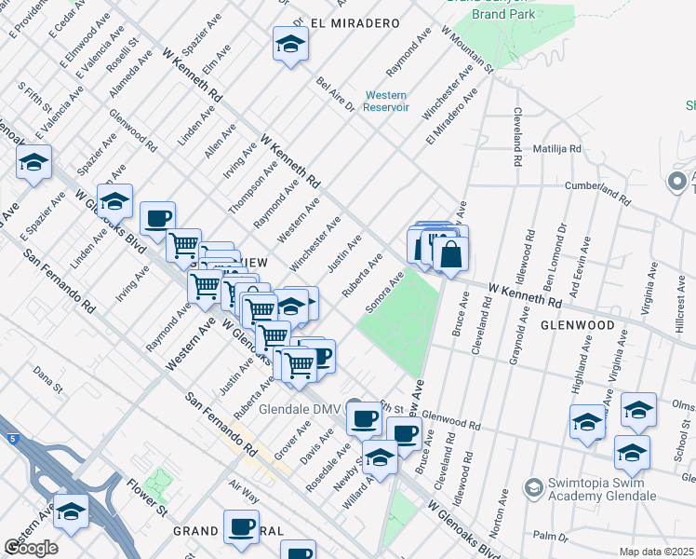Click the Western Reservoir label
[x=386, y=101]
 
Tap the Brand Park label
[x=503, y=15]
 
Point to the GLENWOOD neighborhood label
[x=576, y=325]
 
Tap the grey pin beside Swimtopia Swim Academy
[x=533, y=486]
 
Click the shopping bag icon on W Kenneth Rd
[x=450, y=253]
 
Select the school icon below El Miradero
[x=290, y=44]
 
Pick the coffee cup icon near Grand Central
[x=242, y=526]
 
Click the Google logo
[x=31, y=547]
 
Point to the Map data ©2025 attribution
[x=656, y=552]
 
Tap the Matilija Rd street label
[x=556, y=149]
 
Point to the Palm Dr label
[x=550, y=537]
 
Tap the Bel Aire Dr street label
[x=335, y=94]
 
